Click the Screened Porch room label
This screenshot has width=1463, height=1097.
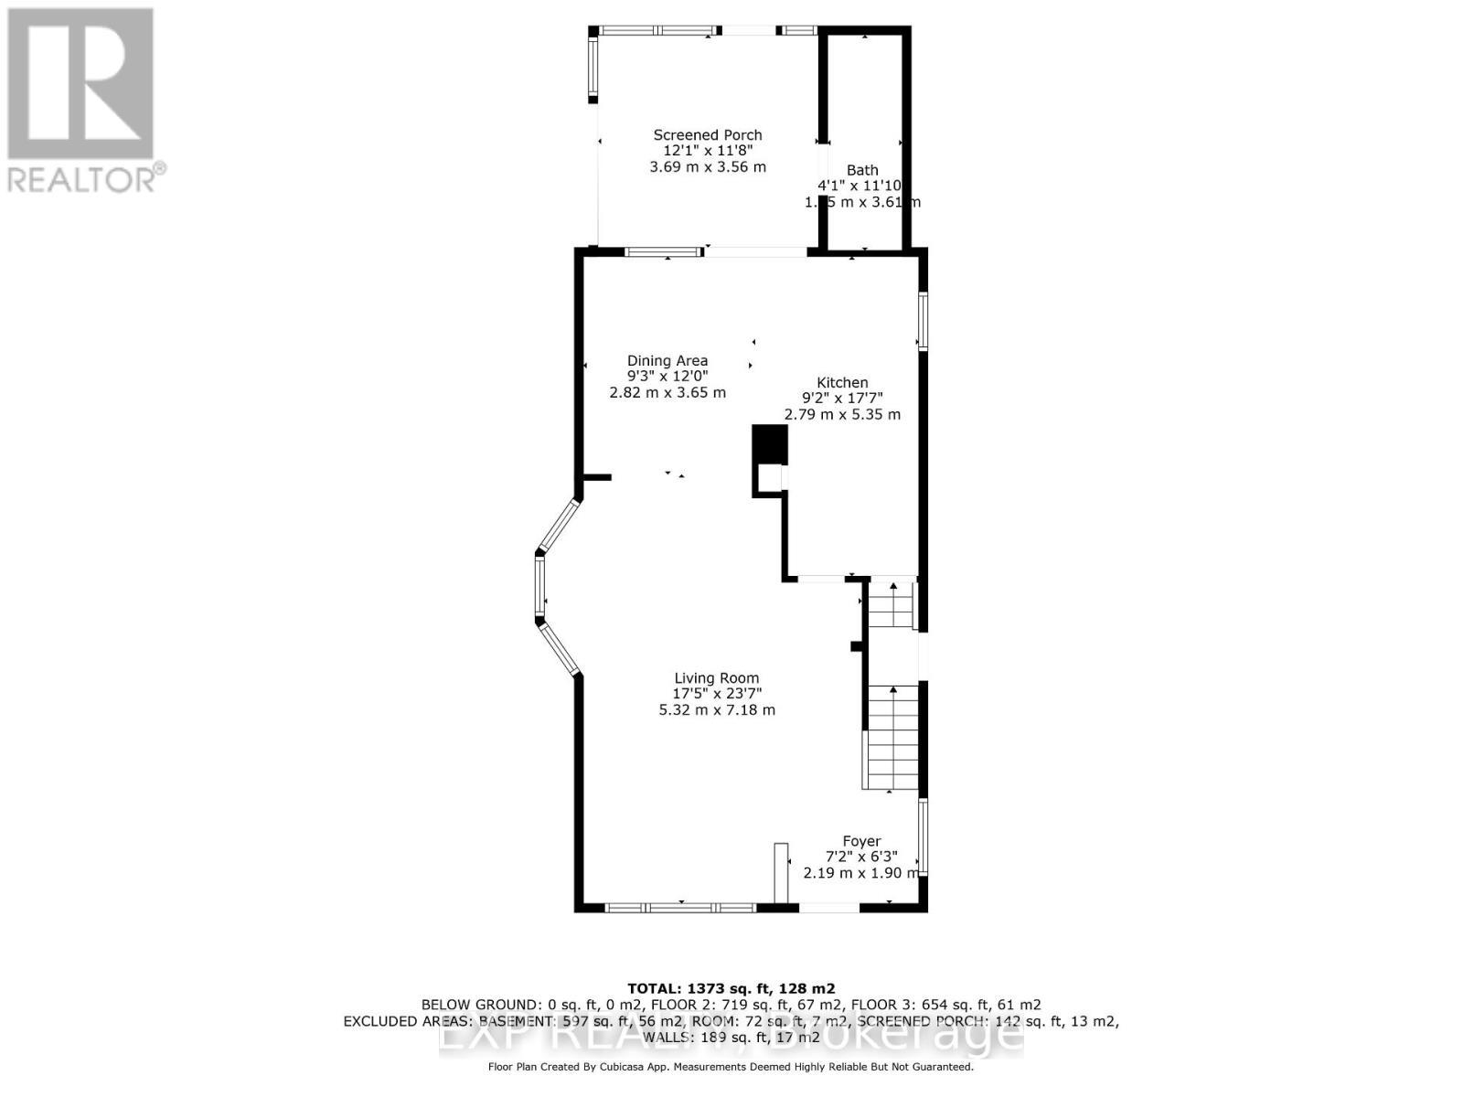[x=707, y=135]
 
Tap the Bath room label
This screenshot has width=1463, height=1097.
[x=862, y=170]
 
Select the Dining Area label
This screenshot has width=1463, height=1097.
[x=667, y=361]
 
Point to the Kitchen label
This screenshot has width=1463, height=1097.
[x=842, y=383]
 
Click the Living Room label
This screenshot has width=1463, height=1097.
[x=717, y=678]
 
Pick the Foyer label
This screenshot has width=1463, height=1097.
[x=861, y=841]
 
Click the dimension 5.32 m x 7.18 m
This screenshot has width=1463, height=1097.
[x=717, y=710]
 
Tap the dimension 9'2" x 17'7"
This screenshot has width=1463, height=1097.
[x=842, y=399]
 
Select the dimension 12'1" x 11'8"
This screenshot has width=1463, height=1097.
[x=707, y=151]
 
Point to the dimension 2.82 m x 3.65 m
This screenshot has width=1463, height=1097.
[x=667, y=393]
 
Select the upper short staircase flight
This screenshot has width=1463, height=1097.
[x=890, y=604]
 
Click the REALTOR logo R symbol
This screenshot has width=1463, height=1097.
[x=80, y=84]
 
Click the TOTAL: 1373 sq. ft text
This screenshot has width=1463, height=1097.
[x=731, y=988]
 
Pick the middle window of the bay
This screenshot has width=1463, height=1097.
[x=540, y=588]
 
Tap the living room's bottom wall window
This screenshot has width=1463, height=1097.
[x=681, y=908]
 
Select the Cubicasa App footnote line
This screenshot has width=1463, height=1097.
[x=731, y=1067]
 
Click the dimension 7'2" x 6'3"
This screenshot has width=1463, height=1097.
[x=861, y=857]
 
